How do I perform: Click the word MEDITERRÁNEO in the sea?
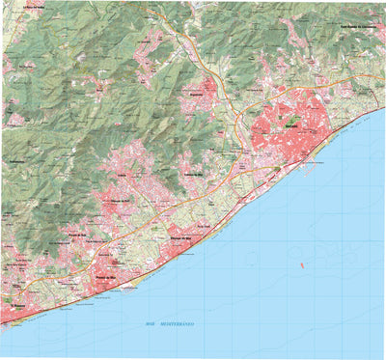(x=177, y=324)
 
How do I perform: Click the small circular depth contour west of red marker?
(x=250, y=255)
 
